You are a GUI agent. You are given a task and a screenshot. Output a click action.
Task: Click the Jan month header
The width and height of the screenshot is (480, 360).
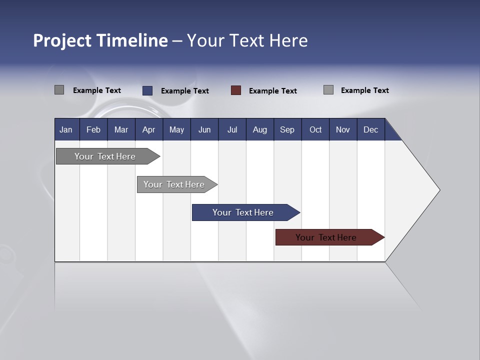(x=66, y=129)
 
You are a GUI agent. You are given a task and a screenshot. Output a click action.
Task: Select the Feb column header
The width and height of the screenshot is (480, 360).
(x=93, y=129)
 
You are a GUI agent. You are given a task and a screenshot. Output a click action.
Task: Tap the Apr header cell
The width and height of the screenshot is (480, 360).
(x=148, y=129)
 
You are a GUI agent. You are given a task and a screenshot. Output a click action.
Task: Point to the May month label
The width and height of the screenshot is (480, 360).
(x=176, y=129)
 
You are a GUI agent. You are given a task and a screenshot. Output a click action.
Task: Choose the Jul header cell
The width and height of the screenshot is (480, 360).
(x=232, y=129)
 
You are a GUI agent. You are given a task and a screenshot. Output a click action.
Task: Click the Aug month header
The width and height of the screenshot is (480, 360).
(x=260, y=129)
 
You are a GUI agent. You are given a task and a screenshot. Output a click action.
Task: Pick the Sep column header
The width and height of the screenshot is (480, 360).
(x=287, y=129)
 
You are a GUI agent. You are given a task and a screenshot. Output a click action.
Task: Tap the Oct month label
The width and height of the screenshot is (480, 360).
(x=315, y=129)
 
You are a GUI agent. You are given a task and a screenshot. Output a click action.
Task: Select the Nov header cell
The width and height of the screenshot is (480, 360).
(x=343, y=129)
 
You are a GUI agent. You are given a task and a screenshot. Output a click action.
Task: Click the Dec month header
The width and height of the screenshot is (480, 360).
(x=371, y=129)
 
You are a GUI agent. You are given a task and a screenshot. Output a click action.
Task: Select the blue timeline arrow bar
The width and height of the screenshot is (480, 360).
(x=243, y=212)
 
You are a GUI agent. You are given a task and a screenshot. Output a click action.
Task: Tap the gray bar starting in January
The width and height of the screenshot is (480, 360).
(x=105, y=156)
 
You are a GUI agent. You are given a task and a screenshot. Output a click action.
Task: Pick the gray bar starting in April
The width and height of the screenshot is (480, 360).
(x=174, y=184)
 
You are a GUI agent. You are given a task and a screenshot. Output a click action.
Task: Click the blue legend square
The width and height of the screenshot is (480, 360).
(x=147, y=90)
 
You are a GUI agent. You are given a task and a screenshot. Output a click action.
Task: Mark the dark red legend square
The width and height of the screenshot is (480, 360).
(x=236, y=90)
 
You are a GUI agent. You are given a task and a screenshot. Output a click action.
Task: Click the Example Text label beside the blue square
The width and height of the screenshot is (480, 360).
(x=185, y=91)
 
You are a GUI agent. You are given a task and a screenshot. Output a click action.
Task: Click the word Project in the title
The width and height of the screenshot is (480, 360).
(x=62, y=40)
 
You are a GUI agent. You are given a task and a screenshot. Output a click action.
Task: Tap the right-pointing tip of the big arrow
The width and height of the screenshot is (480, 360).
(x=438, y=190)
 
